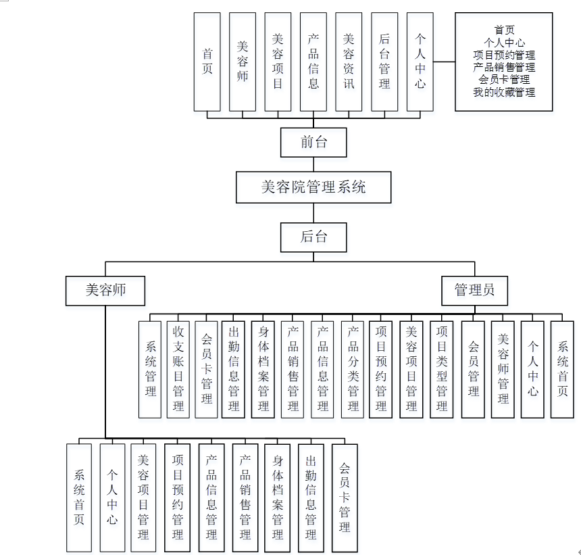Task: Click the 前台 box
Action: [313, 143]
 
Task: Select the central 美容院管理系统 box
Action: [313, 187]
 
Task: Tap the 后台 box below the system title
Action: [313, 237]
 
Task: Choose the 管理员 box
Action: [474, 290]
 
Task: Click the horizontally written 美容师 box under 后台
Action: [105, 291]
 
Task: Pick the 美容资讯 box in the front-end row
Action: [349, 62]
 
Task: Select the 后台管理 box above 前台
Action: [384, 62]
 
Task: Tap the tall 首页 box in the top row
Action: [207, 62]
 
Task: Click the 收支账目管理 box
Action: [178, 369]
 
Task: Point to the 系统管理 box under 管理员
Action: [150, 369]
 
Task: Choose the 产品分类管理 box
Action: [353, 369]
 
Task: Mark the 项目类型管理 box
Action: [441, 369]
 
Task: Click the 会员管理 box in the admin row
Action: [473, 369]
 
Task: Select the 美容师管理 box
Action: [503, 369]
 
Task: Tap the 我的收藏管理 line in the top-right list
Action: [504, 92]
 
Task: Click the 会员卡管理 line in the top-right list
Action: [504, 80]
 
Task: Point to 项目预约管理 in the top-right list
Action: [504, 55]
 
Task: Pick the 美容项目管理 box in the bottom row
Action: [143, 497]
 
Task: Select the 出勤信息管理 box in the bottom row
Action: [311, 497]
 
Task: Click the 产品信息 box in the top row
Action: [313, 62]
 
